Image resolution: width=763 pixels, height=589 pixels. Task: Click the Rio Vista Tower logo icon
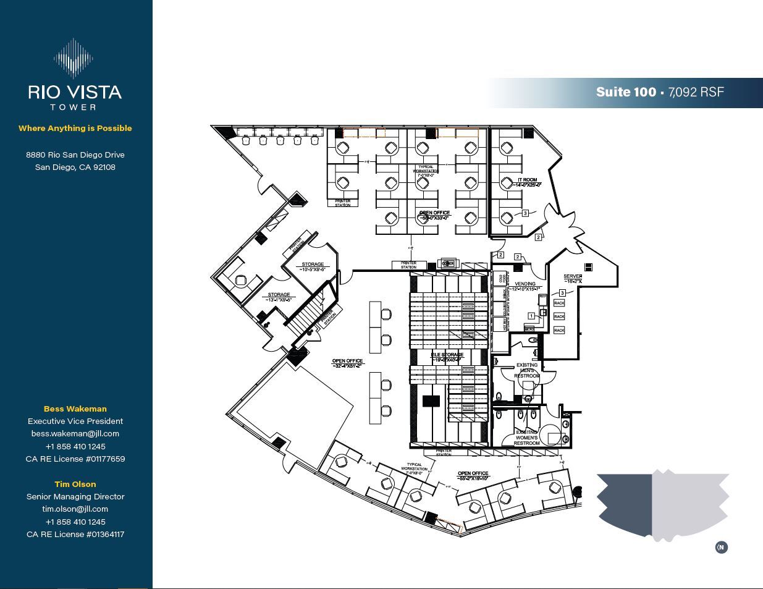click(x=74, y=58)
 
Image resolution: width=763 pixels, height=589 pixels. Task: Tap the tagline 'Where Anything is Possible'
click(x=75, y=128)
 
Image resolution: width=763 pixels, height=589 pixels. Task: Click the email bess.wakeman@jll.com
click(x=75, y=433)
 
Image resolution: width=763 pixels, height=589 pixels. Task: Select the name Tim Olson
click(x=75, y=484)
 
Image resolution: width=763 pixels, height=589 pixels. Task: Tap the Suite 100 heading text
click(x=625, y=92)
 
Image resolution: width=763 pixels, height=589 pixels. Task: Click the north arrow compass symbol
click(x=721, y=547)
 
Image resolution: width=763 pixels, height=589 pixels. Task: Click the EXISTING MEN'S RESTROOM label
click(x=526, y=370)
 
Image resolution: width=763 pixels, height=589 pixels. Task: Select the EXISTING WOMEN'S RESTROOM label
click(x=526, y=437)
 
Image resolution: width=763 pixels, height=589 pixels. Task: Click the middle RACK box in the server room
click(x=559, y=316)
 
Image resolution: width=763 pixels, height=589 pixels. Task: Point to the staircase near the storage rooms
click(x=304, y=315)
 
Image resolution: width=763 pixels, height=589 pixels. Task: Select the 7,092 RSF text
click(x=696, y=92)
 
